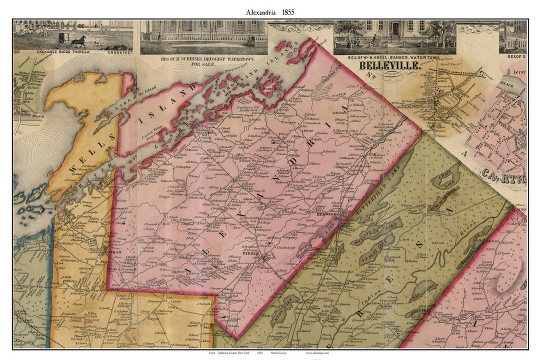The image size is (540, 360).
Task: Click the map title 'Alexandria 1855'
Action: tap(269, 11)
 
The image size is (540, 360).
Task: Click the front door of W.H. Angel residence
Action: tap(395, 29)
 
